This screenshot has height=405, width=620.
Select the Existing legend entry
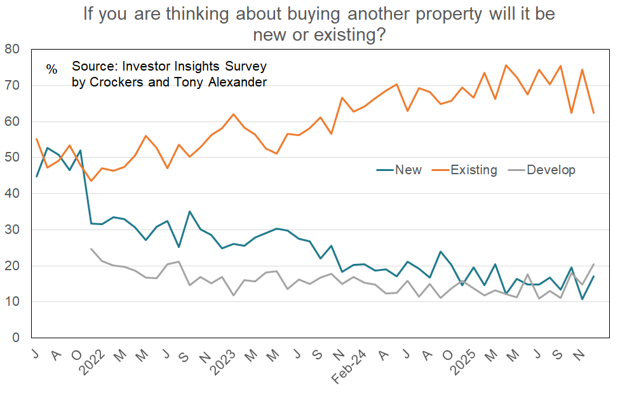[473, 170]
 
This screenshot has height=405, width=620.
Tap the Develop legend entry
[551, 170]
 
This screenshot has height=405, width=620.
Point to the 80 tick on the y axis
[13, 49]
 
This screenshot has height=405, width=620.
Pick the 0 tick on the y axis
[17, 338]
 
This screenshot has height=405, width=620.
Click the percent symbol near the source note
[52, 69]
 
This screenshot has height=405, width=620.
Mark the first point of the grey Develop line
[91, 249]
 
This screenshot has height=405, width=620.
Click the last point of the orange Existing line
[594, 113]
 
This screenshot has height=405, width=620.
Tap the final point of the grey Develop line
[594, 264]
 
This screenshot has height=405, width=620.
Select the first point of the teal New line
[37, 176]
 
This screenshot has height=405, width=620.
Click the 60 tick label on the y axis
[13, 121]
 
